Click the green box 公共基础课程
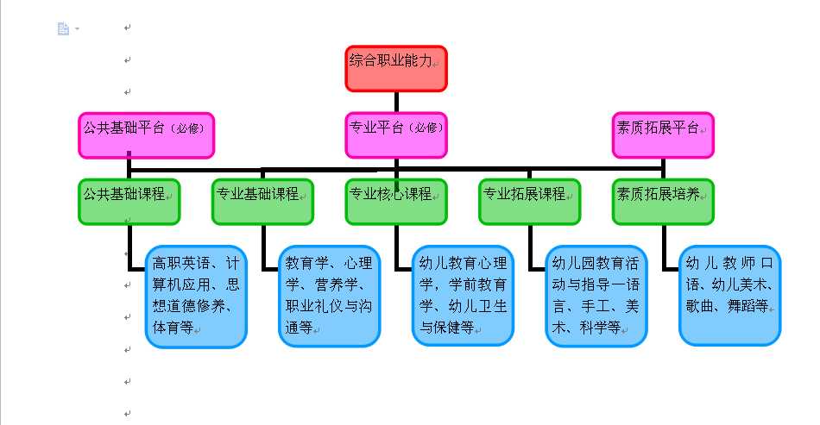[x=129, y=201]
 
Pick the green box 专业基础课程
[x=262, y=201]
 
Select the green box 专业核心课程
[x=396, y=201]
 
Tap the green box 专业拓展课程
[x=529, y=201]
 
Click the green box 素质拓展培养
[x=663, y=201]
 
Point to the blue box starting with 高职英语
[x=196, y=297]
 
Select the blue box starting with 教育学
[x=329, y=297]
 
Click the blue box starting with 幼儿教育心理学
[x=463, y=297]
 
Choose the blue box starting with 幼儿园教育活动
[x=596, y=297]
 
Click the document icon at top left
[x=63, y=29]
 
